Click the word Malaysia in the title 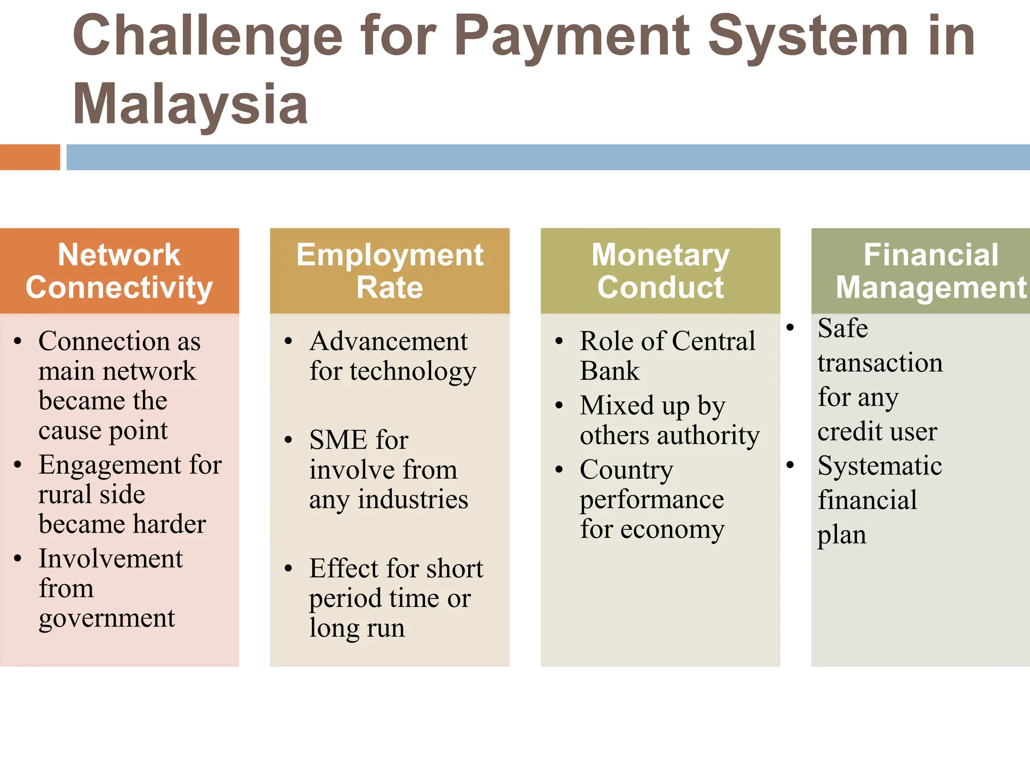click(190, 105)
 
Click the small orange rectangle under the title click(30, 157)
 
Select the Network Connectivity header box click(119, 271)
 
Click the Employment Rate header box click(390, 271)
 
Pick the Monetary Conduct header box click(660, 271)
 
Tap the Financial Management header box click(920, 271)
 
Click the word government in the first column click(107, 618)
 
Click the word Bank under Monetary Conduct click(609, 371)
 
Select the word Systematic click(880, 466)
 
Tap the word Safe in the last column click(842, 328)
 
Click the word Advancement click(388, 341)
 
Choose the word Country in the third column click(626, 470)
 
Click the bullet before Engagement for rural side click(18, 465)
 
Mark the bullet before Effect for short click(288, 569)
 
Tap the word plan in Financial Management click(841, 535)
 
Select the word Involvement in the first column click(111, 559)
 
